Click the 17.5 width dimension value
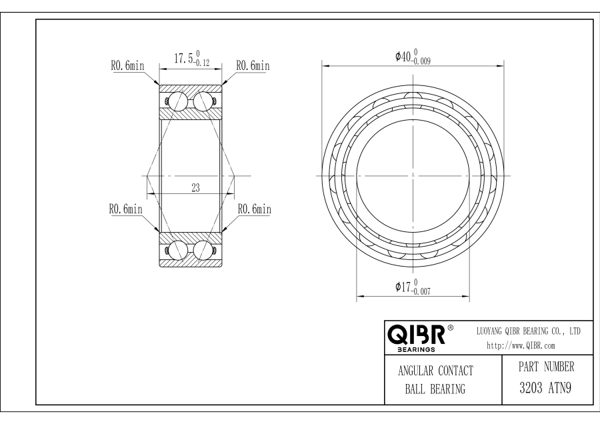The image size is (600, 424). click(192, 59)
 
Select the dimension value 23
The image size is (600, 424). click(195, 188)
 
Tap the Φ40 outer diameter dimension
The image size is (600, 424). click(413, 57)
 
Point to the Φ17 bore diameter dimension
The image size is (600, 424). click(413, 287)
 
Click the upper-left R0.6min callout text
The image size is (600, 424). click(128, 66)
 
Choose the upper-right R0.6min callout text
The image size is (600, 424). click(253, 66)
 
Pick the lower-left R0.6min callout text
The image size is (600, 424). click(126, 209)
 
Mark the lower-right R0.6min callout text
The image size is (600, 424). click(255, 209)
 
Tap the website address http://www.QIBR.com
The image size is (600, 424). click(521, 346)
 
